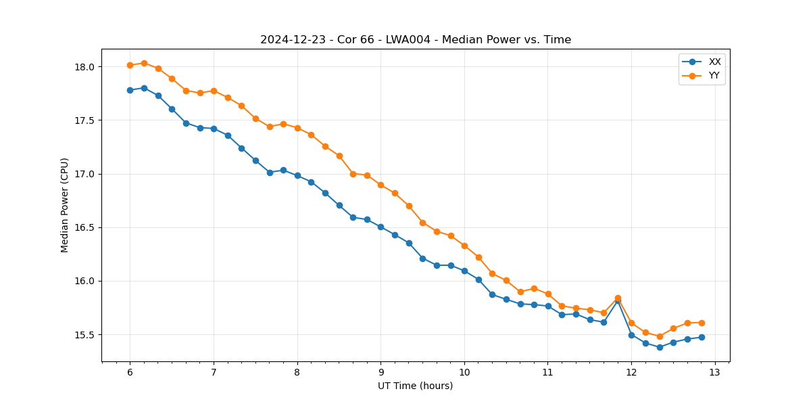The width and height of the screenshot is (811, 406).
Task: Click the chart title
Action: click(x=416, y=40)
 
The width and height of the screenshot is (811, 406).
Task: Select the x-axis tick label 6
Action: click(x=130, y=372)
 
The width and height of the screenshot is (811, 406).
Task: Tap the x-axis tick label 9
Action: click(x=380, y=372)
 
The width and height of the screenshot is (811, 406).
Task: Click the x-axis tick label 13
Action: click(x=715, y=372)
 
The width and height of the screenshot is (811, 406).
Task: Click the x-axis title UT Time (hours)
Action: click(x=416, y=386)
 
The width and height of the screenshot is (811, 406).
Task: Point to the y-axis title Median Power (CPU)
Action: click(x=65, y=205)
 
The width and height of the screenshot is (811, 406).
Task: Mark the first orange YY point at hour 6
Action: click(x=130, y=65)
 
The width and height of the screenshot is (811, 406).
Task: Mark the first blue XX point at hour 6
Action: click(x=130, y=90)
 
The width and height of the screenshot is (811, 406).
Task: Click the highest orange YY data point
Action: click(x=144, y=63)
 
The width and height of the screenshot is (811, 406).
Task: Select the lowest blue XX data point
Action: click(x=660, y=347)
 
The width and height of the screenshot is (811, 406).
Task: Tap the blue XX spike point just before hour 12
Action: click(x=618, y=300)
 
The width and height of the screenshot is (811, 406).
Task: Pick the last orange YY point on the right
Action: click(x=702, y=323)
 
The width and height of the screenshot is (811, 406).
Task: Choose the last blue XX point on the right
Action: click(x=702, y=337)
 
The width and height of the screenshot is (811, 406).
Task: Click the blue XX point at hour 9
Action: click(x=380, y=227)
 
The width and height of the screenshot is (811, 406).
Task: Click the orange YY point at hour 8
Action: click(x=297, y=128)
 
